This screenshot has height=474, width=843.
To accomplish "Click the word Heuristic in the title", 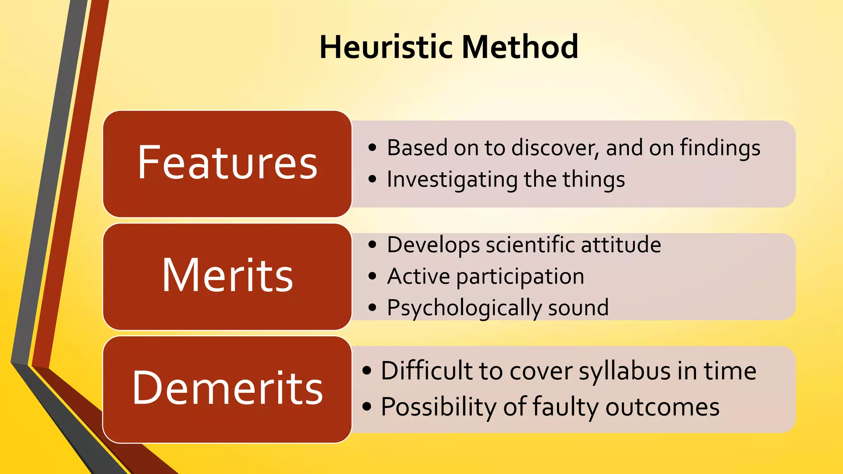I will click(x=387, y=47).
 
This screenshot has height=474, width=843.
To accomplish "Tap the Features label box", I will click(x=227, y=163).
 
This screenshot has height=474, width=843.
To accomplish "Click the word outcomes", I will click(x=662, y=407).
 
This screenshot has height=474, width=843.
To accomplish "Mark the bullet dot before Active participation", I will click(x=373, y=276).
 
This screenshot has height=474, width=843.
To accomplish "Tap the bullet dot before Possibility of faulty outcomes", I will click(x=367, y=407).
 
